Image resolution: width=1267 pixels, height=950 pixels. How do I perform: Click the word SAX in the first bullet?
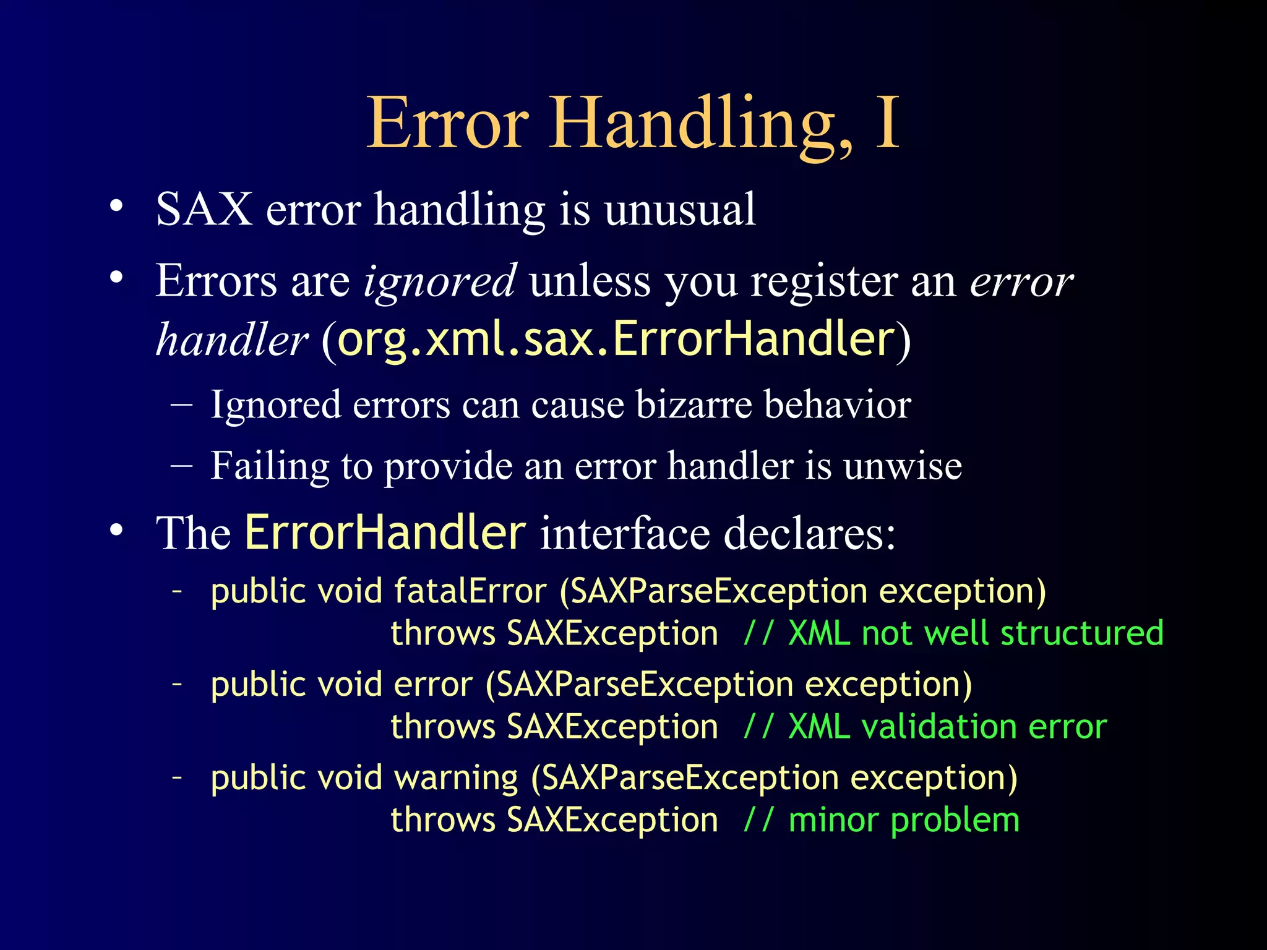coord(204,209)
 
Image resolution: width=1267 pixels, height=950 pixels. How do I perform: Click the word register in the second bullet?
coord(823,282)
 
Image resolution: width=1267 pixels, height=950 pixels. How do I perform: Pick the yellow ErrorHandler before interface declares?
coord(385,532)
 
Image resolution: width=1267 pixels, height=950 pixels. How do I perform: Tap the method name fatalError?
coord(470,591)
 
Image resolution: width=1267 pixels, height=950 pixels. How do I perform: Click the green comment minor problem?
coord(903,820)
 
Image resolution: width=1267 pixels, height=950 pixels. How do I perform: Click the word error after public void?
coord(433,685)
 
